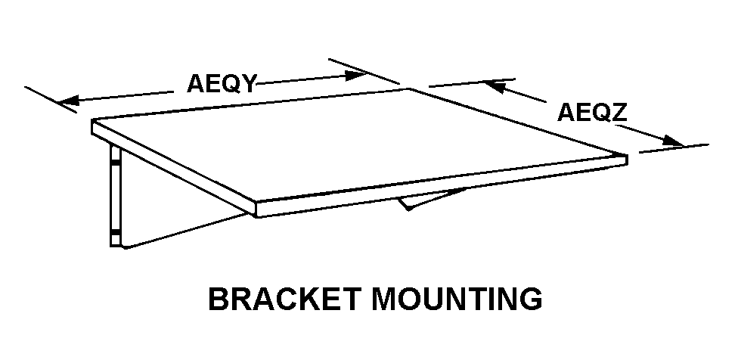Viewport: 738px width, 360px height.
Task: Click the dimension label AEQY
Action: point(222,82)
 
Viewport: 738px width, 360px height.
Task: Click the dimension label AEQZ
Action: point(592,113)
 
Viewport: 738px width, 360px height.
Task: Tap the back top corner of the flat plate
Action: point(409,89)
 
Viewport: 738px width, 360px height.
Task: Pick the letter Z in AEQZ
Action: point(619,113)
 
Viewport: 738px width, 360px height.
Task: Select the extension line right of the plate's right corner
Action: point(673,147)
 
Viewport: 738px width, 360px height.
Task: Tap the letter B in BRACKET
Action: point(219,299)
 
